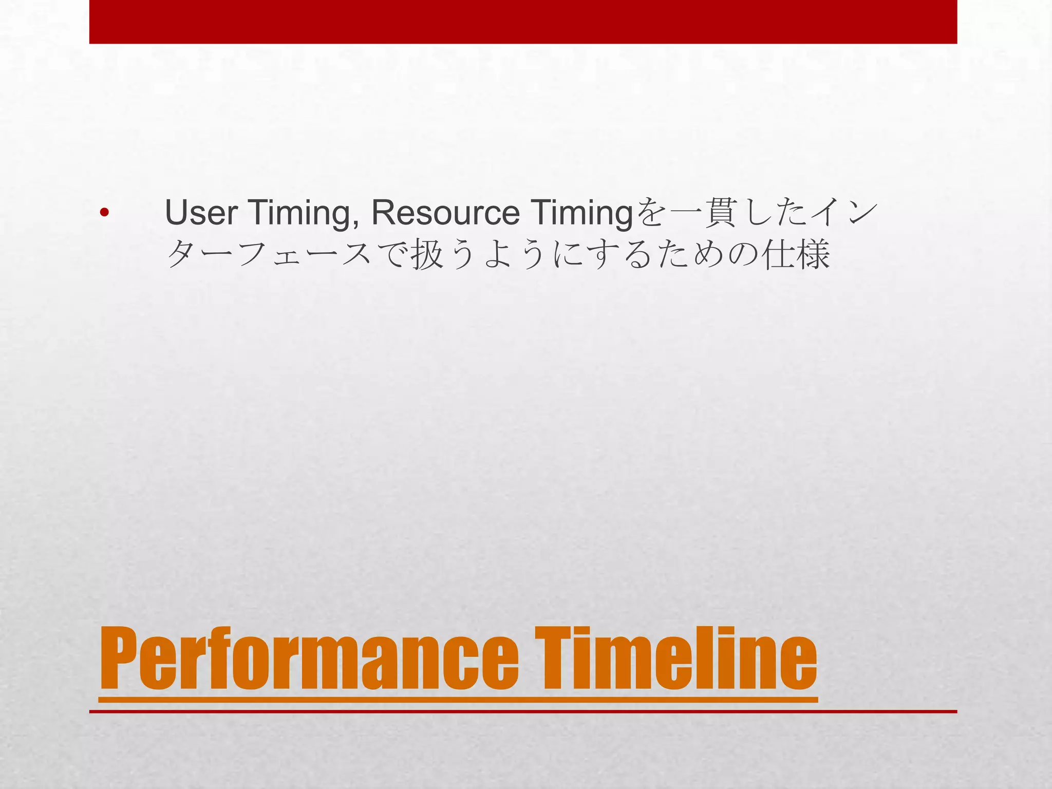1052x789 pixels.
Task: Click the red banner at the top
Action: tap(523, 22)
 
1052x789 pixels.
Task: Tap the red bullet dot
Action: tap(104, 213)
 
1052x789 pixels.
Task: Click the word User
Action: tap(201, 213)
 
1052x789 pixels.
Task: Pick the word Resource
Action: tap(445, 213)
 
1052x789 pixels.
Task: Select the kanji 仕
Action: tap(778, 255)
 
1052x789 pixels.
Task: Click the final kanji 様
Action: tap(813, 255)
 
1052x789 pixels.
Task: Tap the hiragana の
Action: tap(743, 255)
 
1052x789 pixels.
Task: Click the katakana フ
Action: tap(253, 255)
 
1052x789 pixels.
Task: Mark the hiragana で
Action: tap(392, 255)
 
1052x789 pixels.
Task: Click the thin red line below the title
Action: tap(523, 711)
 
